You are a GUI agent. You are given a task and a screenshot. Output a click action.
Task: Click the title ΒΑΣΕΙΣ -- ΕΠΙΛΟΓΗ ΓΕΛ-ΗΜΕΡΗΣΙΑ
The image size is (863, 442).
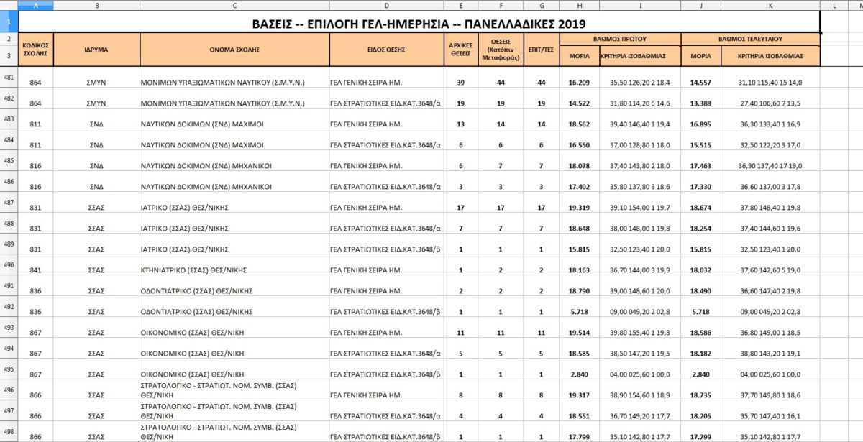[419, 22]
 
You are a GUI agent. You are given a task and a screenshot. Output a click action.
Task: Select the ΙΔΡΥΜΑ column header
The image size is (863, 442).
[96, 50]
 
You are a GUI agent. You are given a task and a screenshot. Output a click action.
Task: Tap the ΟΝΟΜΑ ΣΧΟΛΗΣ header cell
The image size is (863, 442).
[234, 50]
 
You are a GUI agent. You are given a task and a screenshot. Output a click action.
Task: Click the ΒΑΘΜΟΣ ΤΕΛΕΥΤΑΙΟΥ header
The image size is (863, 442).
[750, 38]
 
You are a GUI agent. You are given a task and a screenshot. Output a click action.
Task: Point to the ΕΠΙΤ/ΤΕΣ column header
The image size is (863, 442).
[542, 50]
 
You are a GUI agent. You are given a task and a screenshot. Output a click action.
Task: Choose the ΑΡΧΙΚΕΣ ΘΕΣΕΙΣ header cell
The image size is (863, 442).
[460, 50]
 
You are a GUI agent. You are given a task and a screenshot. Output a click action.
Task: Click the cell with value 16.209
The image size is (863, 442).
[580, 83]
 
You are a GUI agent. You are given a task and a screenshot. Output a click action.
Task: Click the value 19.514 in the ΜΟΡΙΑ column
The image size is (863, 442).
[580, 333]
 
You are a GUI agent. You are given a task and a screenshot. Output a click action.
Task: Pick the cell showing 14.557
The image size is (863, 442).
[700, 83]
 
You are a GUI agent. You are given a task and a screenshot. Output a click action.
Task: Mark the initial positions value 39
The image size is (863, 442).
[460, 83]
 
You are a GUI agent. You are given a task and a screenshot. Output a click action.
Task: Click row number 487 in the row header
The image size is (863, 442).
[9, 202]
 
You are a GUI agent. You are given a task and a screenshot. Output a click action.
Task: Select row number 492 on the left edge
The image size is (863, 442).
[9, 306]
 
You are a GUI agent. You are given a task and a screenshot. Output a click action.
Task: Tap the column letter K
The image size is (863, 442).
[770, 5]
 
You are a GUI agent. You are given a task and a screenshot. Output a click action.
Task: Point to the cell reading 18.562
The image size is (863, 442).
[580, 124]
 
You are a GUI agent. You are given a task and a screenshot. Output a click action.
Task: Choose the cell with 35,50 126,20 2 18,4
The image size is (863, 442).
[640, 83]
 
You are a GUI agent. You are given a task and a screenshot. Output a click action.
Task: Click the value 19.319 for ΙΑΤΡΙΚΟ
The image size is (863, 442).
[580, 208]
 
